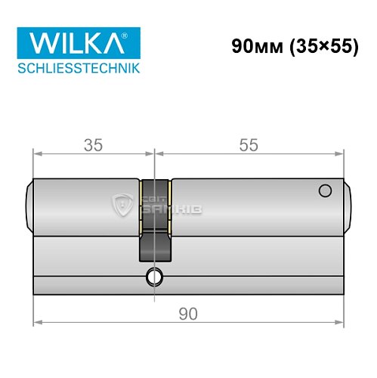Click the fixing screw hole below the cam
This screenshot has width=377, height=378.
156,275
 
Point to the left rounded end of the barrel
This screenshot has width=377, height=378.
31,204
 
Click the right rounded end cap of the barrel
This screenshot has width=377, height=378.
348,204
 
